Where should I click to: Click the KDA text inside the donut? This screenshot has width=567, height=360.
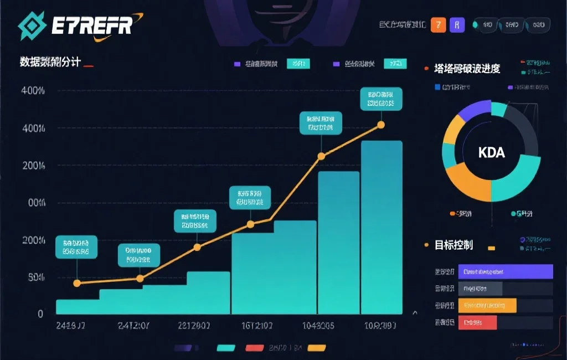491,152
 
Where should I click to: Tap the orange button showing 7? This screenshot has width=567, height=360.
438,25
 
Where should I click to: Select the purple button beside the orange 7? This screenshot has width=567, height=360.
456,25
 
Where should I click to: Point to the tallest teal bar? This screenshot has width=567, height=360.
382,227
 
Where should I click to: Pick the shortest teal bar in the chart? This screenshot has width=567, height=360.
78,306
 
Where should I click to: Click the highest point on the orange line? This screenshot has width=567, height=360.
380,125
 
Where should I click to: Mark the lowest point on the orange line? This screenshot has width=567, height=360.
77,283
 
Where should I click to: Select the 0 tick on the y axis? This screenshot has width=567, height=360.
40,313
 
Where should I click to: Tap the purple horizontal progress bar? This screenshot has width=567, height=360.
506,271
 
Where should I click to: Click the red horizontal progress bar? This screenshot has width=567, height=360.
478,322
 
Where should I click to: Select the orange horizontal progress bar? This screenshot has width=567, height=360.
487,305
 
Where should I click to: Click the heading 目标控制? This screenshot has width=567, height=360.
453,245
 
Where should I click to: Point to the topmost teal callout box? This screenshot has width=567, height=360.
381,98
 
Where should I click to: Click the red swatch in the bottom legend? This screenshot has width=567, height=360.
254,348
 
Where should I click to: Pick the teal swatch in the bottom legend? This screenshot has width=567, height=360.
226,348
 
